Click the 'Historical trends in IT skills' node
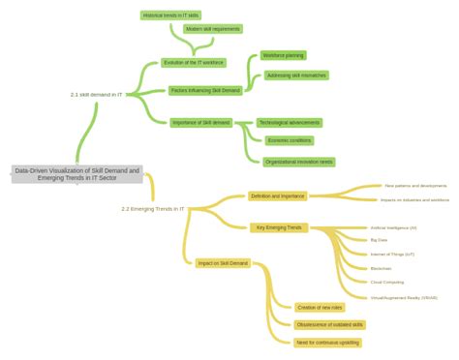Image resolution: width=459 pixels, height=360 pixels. pyautogui.click(x=170, y=15)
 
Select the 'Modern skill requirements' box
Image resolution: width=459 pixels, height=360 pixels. pyautogui.click(x=212, y=29)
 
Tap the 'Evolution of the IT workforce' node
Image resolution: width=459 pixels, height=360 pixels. pyautogui.click(x=194, y=63)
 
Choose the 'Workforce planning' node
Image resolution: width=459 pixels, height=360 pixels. pyautogui.click(x=283, y=55)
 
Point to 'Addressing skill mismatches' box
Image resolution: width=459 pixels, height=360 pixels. pyautogui.click(x=296, y=75)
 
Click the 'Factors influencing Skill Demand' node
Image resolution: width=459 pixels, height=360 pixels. pyautogui.click(x=205, y=90)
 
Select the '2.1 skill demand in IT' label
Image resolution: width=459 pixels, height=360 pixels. pyautogui.click(x=96, y=95)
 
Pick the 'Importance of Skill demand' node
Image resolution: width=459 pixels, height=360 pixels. pyautogui.click(x=201, y=123)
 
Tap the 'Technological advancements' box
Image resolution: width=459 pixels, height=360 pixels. pyautogui.click(x=290, y=123)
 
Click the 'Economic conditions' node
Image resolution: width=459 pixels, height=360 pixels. pyautogui.click(x=289, y=140)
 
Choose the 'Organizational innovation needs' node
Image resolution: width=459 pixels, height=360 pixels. pyautogui.click(x=298, y=162)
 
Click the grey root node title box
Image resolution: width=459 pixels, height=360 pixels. pyautogui.click(x=77, y=174)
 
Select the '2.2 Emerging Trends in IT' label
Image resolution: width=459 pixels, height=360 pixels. pyautogui.click(x=152, y=208)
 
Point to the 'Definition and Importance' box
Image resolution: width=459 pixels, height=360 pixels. pyautogui.click(x=278, y=195)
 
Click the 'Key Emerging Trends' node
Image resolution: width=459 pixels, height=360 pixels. pyautogui.click(x=279, y=227)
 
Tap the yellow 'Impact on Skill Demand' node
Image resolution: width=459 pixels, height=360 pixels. pyautogui.click(x=223, y=262)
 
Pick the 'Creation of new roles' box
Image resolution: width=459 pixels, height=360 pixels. pyautogui.click(x=320, y=307)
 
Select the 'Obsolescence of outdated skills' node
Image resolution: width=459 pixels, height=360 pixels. pyautogui.click(x=329, y=325)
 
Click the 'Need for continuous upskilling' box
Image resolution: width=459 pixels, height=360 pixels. pyautogui.click(x=327, y=343)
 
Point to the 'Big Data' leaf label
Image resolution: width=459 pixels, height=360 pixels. pyautogui.click(x=379, y=240)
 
